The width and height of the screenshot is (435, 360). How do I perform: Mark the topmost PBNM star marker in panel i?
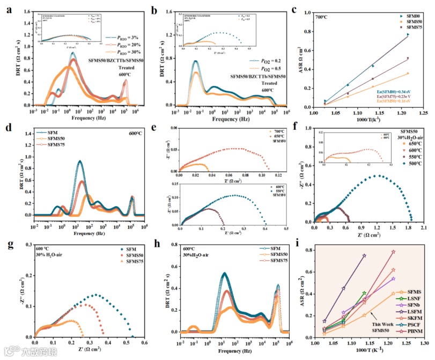(x=393, y=252)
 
